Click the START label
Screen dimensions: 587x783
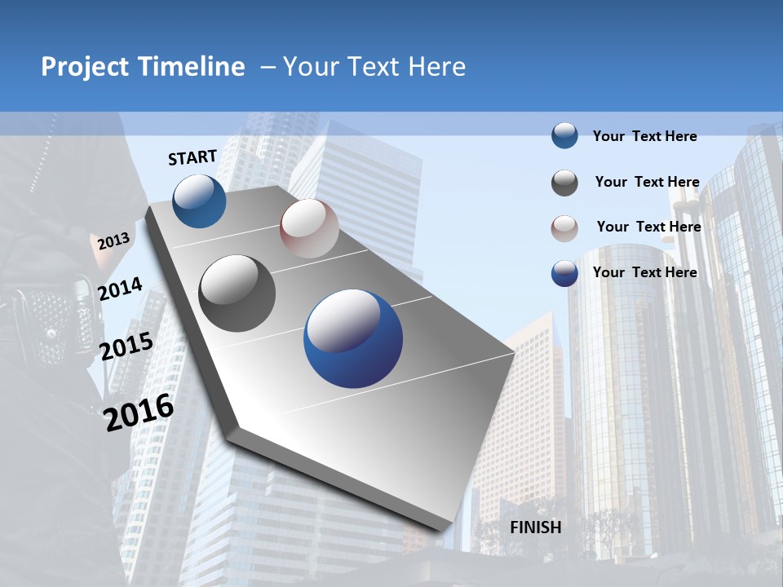pos(192,157)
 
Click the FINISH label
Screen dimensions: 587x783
pos(536,527)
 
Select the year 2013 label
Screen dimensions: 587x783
pos(113,241)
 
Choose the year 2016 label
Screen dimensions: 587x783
pos(139,413)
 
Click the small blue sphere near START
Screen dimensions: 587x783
pos(200,201)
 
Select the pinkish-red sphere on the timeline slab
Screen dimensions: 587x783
pos(309,228)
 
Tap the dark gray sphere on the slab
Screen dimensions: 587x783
pos(237,293)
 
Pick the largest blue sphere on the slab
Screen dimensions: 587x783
pos(353,338)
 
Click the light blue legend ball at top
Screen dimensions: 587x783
pos(564,136)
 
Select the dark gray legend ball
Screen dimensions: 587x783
pos(564,183)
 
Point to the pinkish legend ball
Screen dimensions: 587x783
pos(564,228)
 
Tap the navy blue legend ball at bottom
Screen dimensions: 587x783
pos(564,273)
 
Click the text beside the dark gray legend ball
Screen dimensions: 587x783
pos(647,182)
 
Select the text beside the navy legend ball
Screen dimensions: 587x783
pos(644,272)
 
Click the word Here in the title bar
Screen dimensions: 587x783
pos(436,67)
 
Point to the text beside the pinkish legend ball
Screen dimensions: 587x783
pos(648,227)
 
